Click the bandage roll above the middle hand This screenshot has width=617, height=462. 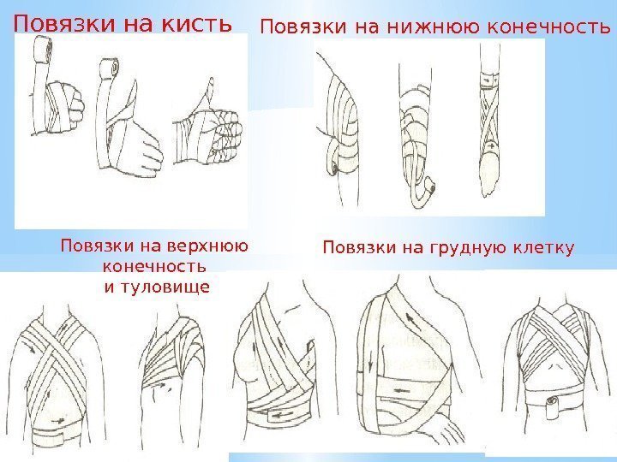pos(109,67)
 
